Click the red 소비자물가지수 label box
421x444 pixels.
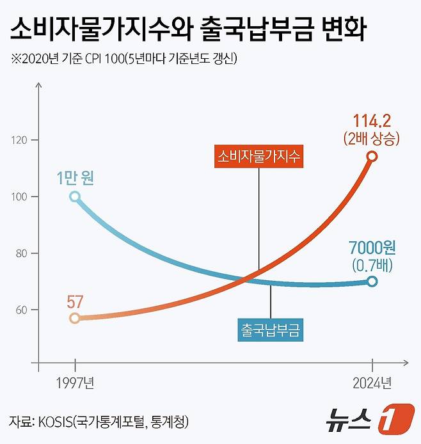click(x=259, y=156)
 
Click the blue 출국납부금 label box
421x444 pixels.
click(x=271, y=330)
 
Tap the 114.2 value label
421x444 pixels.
click(x=372, y=120)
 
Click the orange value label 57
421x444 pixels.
click(x=75, y=301)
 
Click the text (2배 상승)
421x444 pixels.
click(x=372, y=138)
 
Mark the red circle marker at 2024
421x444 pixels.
click(x=372, y=157)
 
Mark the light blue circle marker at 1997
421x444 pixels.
click(x=75, y=197)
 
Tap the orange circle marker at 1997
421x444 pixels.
click(x=75, y=318)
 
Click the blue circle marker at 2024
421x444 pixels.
click(x=372, y=281)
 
